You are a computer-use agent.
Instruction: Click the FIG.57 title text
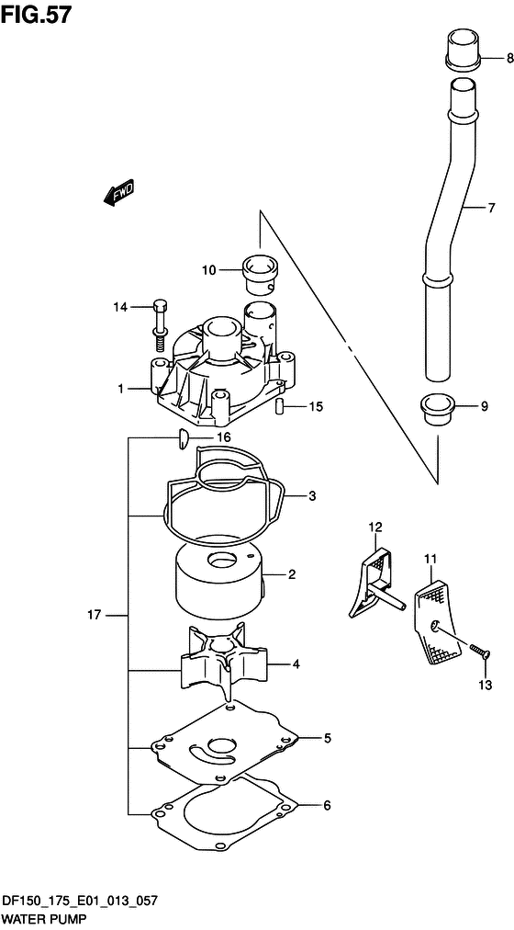coord(36,14)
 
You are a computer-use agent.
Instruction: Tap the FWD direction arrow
coord(118,192)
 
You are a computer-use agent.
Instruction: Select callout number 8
coord(509,58)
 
